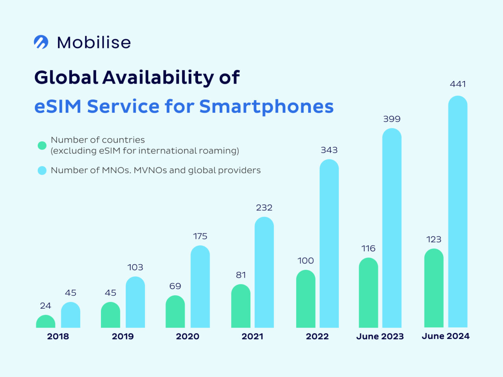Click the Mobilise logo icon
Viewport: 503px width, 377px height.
[41, 42]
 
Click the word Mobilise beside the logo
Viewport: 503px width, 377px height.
[94, 42]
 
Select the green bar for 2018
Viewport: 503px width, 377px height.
[46, 322]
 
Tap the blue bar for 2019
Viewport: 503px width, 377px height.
[135, 302]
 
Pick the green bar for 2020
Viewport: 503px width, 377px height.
[175, 312]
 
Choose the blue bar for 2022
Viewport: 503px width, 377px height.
[329, 243]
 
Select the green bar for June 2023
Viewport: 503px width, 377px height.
[368, 293]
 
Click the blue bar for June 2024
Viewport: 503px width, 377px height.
[458, 212]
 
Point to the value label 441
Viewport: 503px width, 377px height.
[458, 84]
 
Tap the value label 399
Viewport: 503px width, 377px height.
[392, 119]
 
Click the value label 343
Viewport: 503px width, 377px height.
[329, 150]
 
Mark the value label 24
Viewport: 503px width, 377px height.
[46, 306]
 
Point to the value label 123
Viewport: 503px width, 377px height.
[434, 239]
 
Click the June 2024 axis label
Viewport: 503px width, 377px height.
[446, 336]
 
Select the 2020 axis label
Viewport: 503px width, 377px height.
[187, 337]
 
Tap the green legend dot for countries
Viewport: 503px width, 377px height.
[42, 145]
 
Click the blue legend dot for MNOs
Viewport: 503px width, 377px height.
[42, 170]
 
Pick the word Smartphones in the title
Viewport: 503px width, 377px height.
[266, 106]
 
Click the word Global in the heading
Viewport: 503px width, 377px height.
[66, 77]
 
